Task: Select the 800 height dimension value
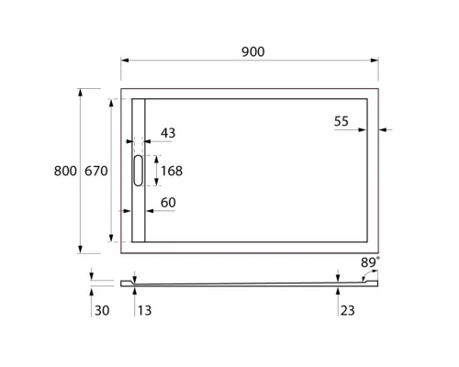point(65,171)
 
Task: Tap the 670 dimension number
point(97,171)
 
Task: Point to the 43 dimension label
point(168,133)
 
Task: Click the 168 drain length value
point(172,170)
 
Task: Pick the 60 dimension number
point(168,202)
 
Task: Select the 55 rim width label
point(342,120)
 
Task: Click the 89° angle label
point(369,261)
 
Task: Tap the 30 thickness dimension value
point(102,312)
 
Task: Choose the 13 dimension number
point(144,312)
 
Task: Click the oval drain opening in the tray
point(139,171)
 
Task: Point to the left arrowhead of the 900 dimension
point(125,61)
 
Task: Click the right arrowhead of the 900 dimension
point(375,61)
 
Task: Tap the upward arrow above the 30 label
point(92,292)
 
